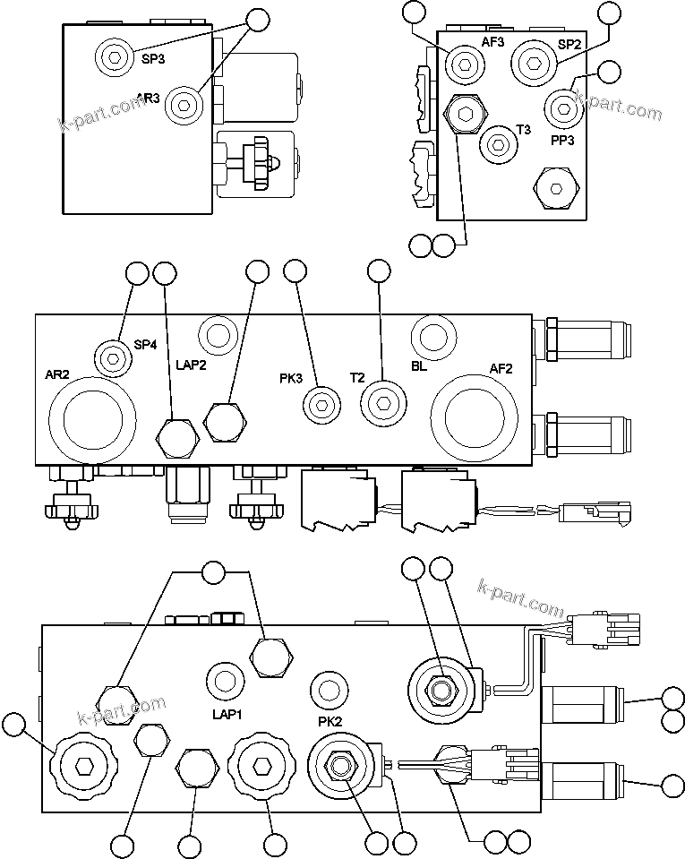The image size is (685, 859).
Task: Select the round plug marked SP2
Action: pos(533,62)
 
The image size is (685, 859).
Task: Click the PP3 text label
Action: pos(563,140)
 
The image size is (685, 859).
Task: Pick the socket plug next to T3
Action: pos(498,143)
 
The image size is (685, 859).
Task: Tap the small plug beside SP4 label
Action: pos(112,357)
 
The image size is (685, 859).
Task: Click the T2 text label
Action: pos(356,377)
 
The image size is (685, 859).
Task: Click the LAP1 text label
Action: pos(227,714)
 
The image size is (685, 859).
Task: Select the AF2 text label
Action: pos(501,367)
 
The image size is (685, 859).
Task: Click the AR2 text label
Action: pos(58,374)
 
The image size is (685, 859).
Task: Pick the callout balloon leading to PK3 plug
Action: pos(295,271)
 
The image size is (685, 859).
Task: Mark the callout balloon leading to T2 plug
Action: pos(380,271)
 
